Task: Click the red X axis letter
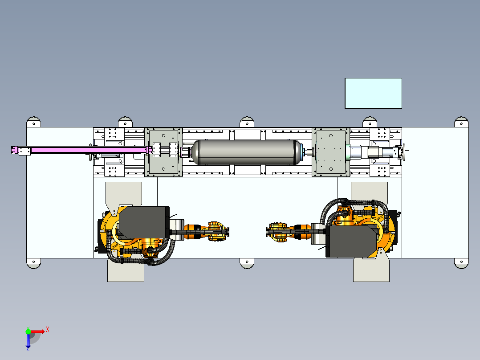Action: tap(48, 330)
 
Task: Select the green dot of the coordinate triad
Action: tap(28, 331)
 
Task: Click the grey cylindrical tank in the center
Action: tap(246, 152)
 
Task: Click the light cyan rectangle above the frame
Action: tap(373, 93)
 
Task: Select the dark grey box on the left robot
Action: tap(144, 222)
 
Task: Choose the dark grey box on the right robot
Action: tap(352, 241)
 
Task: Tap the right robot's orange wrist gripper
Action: tap(277, 233)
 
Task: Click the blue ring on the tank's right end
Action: tap(301, 152)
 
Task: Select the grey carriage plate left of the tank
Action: tap(163, 152)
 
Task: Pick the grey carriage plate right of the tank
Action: tap(331, 152)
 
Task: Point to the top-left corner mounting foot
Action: tap(34, 122)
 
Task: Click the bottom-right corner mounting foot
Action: tap(461, 263)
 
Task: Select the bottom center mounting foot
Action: tap(247, 263)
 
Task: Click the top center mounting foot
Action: tap(247, 122)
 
